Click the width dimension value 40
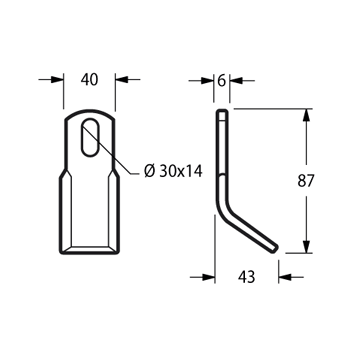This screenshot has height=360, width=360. pyautogui.click(x=89, y=80)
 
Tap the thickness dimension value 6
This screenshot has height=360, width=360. pyautogui.click(x=222, y=81)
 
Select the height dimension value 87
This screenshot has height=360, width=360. pyautogui.click(x=306, y=181)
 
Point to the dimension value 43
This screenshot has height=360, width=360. pyautogui.click(x=247, y=277)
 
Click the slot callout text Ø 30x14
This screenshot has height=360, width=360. pyautogui.click(x=173, y=171)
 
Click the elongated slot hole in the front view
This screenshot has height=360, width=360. pyautogui.click(x=90, y=137)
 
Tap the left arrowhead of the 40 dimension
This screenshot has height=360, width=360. pyautogui.click(x=57, y=80)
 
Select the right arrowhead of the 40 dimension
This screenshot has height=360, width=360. pyautogui.click(x=122, y=80)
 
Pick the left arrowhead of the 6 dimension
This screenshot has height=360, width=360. pyautogui.click(x=207, y=81)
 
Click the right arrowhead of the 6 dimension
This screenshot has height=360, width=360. pyautogui.click(x=236, y=81)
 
